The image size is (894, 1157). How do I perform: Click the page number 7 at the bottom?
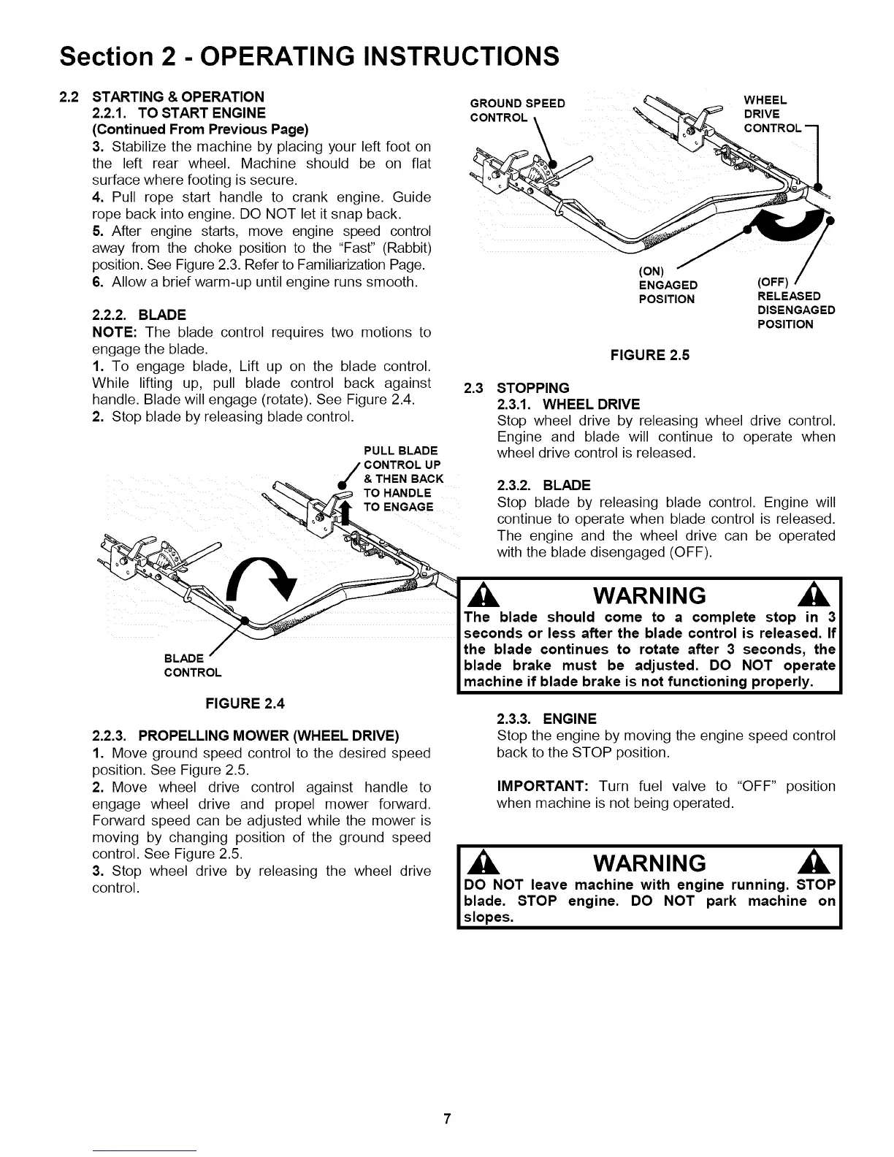pos(447,1119)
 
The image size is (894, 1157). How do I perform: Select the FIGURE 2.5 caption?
pos(650,355)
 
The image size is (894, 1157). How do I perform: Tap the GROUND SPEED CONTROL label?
pos(518,110)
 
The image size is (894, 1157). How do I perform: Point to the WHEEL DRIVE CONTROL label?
pos(765,114)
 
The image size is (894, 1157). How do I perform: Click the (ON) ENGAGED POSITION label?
pos(668,285)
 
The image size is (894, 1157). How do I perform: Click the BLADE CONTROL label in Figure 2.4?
pos(193,665)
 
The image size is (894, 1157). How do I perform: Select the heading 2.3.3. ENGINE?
pos(546,718)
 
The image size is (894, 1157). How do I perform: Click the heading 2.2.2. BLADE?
pos(140,315)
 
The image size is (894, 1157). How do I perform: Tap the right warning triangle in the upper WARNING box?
pos(820,595)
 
